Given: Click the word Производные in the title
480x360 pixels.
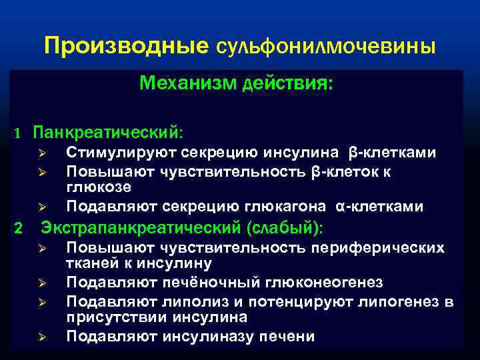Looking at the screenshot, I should pos(127,46).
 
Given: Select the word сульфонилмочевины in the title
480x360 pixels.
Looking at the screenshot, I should pos(327,47).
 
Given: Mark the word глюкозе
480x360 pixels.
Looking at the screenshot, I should pos(93,189).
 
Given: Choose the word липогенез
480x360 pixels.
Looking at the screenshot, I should pos(393,301).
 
